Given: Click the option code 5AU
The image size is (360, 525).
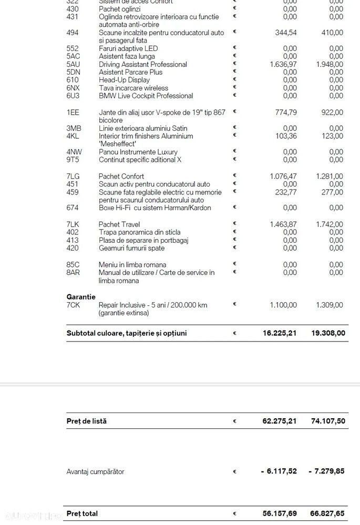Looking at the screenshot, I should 73,64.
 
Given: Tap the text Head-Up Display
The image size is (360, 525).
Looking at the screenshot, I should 124,80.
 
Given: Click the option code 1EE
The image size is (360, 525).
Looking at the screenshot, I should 73,112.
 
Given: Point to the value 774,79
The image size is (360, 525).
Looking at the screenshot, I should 286,112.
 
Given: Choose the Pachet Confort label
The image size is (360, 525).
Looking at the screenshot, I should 121,176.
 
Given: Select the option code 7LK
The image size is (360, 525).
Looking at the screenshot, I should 73,224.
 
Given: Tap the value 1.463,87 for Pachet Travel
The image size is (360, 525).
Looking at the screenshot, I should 283,224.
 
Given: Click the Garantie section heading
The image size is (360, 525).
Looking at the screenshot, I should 81,296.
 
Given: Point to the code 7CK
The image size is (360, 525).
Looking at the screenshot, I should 73,305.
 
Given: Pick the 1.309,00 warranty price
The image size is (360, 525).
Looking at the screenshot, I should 330,305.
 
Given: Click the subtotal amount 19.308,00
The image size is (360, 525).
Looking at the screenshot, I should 326,333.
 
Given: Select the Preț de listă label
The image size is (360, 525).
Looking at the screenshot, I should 86,421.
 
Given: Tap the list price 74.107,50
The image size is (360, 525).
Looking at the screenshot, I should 326,421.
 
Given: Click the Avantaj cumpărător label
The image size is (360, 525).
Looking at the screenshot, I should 95,471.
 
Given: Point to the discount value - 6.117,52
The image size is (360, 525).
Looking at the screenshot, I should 279,471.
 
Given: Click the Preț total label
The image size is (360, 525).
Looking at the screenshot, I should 82,513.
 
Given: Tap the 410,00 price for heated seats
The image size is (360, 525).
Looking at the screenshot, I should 332,33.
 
